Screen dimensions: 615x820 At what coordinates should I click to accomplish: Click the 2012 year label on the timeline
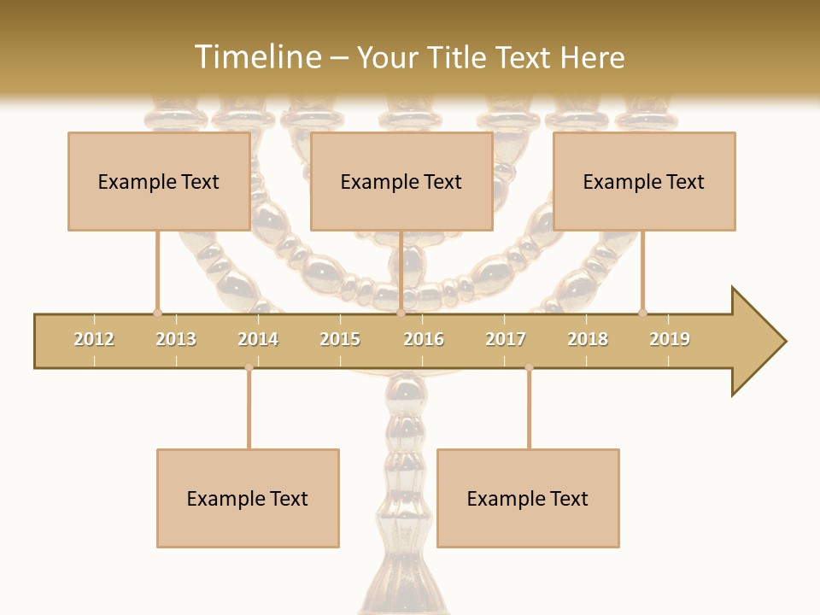[x=94, y=339]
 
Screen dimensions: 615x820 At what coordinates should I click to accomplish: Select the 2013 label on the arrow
[x=176, y=339]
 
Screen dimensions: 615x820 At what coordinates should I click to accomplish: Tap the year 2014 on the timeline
[x=258, y=339]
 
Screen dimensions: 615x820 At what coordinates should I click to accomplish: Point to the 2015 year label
[x=340, y=339]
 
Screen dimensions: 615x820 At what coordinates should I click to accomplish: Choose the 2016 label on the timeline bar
[x=424, y=339]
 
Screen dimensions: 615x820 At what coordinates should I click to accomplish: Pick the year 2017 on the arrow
[x=506, y=339]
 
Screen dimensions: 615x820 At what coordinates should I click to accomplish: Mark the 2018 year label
[x=588, y=339]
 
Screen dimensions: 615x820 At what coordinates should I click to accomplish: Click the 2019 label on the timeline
[x=670, y=339]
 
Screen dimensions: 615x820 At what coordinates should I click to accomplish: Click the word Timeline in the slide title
[x=256, y=57]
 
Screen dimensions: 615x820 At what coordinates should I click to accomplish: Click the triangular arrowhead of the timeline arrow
[x=758, y=342]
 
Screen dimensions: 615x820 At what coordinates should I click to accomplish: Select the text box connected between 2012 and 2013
[x=159, y=181]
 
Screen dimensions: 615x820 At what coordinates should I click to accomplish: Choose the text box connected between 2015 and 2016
[x=401, y=181]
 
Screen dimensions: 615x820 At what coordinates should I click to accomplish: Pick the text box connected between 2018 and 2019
[x=644, y=181]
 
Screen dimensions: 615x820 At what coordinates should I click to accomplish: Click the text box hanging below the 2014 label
[x=248, y=498]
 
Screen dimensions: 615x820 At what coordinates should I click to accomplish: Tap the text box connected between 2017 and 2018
[x=528, y=498]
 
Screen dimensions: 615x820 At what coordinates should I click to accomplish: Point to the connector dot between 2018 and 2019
[x=642, y=313]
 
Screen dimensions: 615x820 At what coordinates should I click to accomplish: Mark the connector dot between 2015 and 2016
[x=401, y=313]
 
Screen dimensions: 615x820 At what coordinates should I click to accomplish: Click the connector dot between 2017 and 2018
[x=529, y=368]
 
